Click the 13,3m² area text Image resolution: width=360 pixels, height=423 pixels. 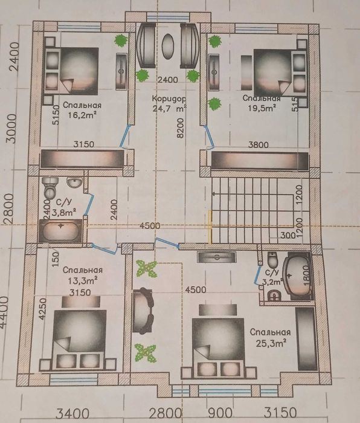[82, 281]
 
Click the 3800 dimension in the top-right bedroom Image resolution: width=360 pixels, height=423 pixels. [259, 144]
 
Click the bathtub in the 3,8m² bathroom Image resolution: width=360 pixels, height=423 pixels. [59, 231]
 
